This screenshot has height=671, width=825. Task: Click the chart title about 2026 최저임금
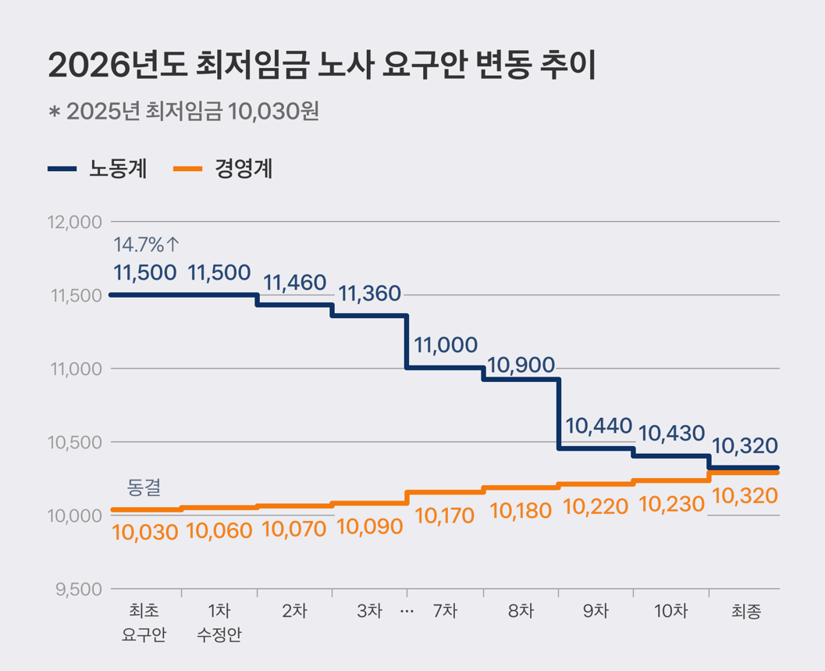(x=322, y=66)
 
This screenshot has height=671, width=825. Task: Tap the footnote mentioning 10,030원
(x=184, y=112)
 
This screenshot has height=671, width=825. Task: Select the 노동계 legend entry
(x=98, y=169)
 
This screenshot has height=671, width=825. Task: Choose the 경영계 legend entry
(x=222, y=169)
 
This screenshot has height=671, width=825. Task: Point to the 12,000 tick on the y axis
(x=75, y=222)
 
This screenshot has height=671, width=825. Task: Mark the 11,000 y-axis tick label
(x=76, y=369)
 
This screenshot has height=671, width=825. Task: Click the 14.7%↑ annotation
(x=147, y=244)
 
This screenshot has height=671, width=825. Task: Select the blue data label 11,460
(x=294, y=283)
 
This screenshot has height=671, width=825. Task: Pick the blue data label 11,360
(x=370, y=294)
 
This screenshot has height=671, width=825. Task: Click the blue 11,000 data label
(x=446, y=345)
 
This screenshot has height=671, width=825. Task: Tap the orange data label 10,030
(x=145, y=532)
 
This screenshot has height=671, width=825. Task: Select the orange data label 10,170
(x=446, y=516)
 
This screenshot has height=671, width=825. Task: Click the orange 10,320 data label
(x=745, y=495)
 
